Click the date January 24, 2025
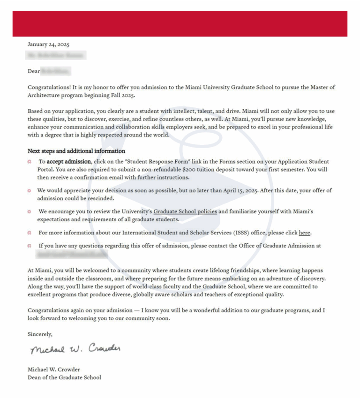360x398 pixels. click(x=48, y=45)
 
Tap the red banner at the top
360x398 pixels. click(x=180, y=23)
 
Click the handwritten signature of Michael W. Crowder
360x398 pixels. click(x=75, y=350)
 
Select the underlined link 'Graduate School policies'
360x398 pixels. click(x=185, y=211)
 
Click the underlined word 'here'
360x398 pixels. click(x=305, y=233)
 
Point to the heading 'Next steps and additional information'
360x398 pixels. click(x=76, y=151)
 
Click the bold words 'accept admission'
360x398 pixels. click(x=69, y=162)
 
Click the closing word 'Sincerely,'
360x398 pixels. click(x=40, y=334)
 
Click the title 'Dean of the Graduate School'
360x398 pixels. click(x=64, y=377)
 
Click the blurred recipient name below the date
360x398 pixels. click(x=56, y=56)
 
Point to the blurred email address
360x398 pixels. click(x=73, y=254)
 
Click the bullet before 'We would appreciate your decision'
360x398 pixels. click(x=29, y=191)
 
